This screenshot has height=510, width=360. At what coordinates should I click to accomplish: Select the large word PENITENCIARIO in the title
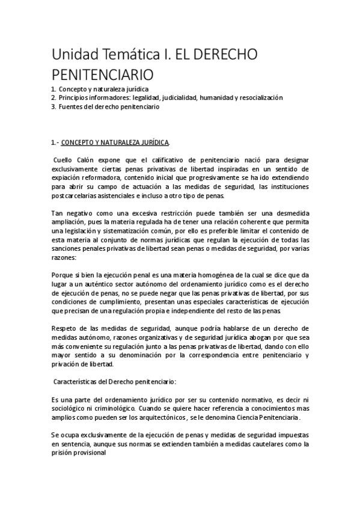[x=103, y=76]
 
